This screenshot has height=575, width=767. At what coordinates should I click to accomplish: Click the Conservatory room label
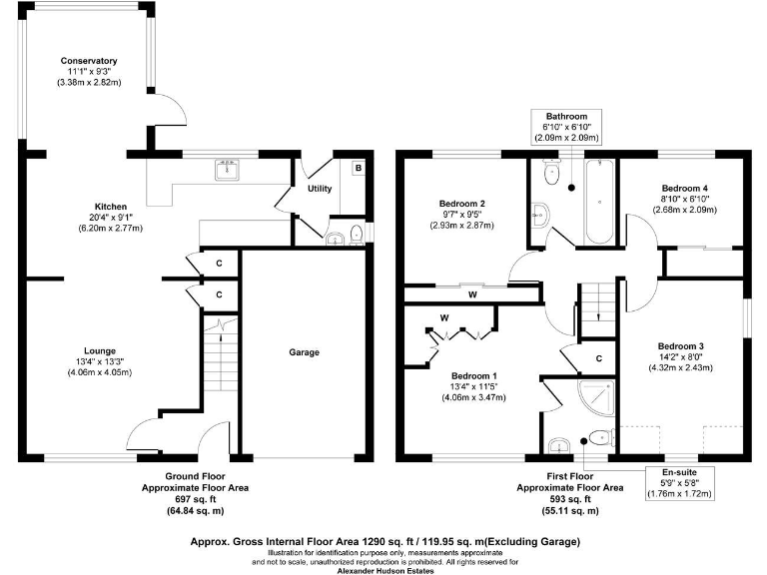[x=88, y=61]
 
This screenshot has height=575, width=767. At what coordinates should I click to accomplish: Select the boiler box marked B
[x=358, y=169]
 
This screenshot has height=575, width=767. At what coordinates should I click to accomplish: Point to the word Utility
[x=320, y=188]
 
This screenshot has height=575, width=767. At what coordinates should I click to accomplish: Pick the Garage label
[x=304, y=352]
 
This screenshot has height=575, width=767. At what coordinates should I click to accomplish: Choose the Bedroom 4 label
[x=685, y=188]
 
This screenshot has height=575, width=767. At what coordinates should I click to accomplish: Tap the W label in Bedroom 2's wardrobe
[x=471, y=294]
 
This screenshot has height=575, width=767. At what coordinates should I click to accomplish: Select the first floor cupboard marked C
[x=599, y=357]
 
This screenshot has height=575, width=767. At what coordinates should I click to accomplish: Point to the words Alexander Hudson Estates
[x=384, y=567]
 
